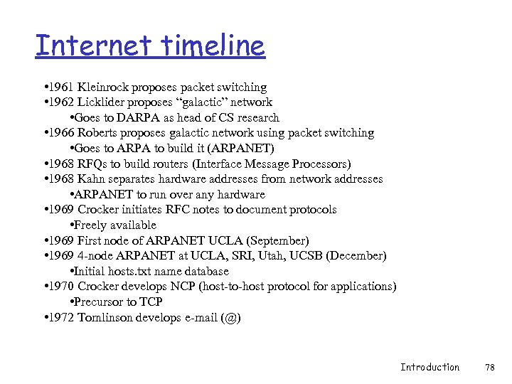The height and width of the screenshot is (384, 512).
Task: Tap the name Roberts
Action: tap(100, 133)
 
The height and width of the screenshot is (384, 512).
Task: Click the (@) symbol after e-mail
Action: tap(231, 317)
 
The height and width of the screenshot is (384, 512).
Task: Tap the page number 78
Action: tap(489, 367)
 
